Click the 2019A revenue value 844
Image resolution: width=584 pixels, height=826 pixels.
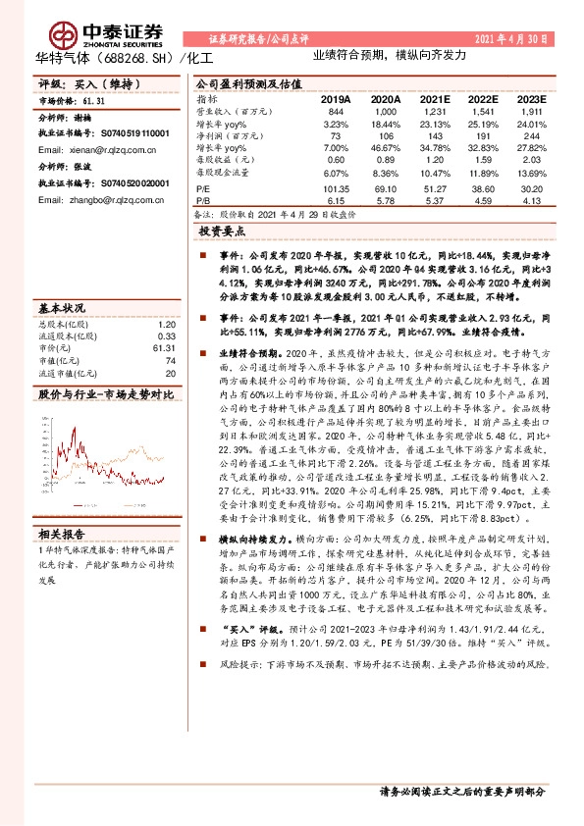pyautogui.click(x=336, y=113)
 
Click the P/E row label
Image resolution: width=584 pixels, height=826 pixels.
pyautogui.click(x=203, y=186)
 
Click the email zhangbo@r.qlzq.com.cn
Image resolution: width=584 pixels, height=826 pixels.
pyautogui.click(x=84, y=198)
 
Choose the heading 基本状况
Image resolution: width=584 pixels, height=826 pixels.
pyautogui.click(x=60, y=306)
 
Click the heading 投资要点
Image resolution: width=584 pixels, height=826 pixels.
pyautogui.click(x=222, y=232)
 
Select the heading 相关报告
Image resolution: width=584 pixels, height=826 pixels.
pyautogui.click(x=61, y=535)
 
